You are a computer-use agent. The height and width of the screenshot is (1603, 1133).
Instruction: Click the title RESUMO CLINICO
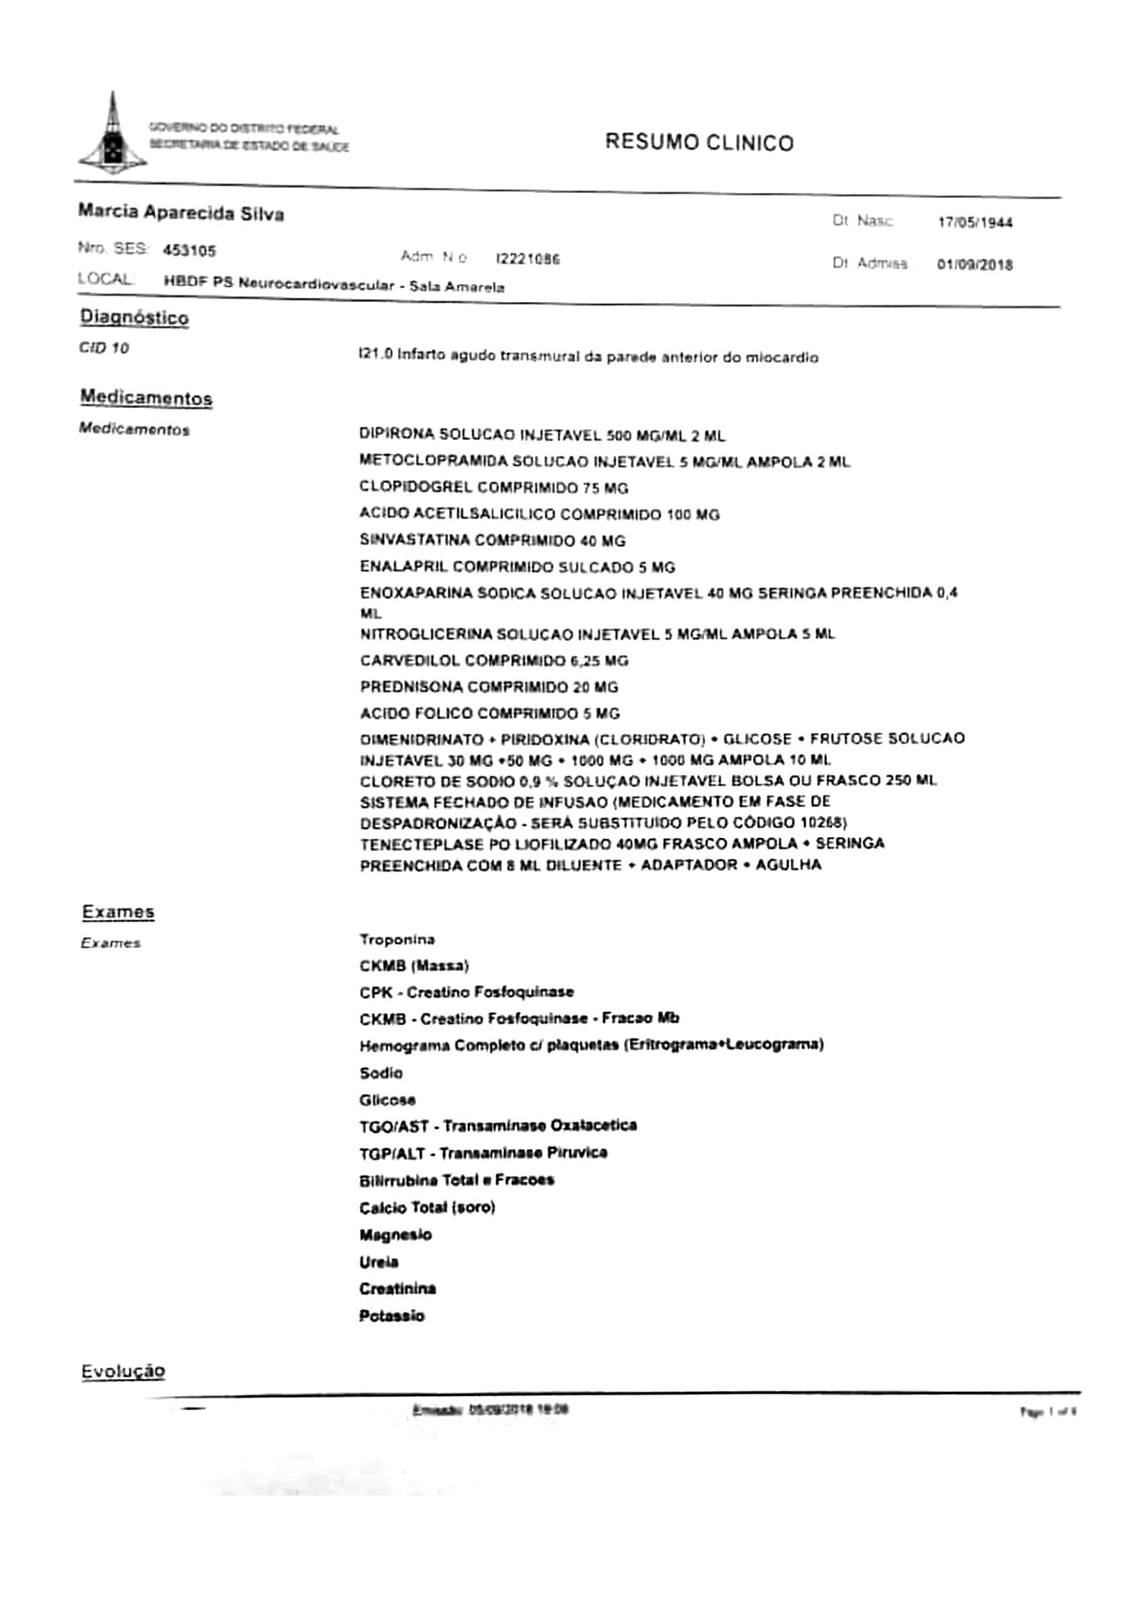(699, 143)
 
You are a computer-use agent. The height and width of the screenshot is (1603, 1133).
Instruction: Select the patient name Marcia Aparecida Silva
(180, 213)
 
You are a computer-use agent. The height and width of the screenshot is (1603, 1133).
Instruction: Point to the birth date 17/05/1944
(975, 222)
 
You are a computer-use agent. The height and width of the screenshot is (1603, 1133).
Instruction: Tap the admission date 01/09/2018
(975, 265)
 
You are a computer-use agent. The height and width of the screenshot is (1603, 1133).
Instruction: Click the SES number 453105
(189, 250)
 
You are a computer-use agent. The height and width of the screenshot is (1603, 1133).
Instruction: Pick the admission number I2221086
(528, 259)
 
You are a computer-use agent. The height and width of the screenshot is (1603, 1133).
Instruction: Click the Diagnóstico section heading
(134, 318)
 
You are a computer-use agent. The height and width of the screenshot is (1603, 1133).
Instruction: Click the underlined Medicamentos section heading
(146, 398)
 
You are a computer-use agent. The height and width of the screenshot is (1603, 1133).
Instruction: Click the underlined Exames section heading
(118, 912)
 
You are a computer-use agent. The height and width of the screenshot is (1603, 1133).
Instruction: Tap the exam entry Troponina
(397, 940)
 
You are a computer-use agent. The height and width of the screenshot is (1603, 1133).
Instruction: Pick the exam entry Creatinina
(397, 1289)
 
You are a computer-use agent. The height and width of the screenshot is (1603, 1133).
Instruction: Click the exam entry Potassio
(391, 1316)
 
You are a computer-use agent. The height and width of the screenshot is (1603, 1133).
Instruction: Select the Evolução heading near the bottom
(123, 1372)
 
